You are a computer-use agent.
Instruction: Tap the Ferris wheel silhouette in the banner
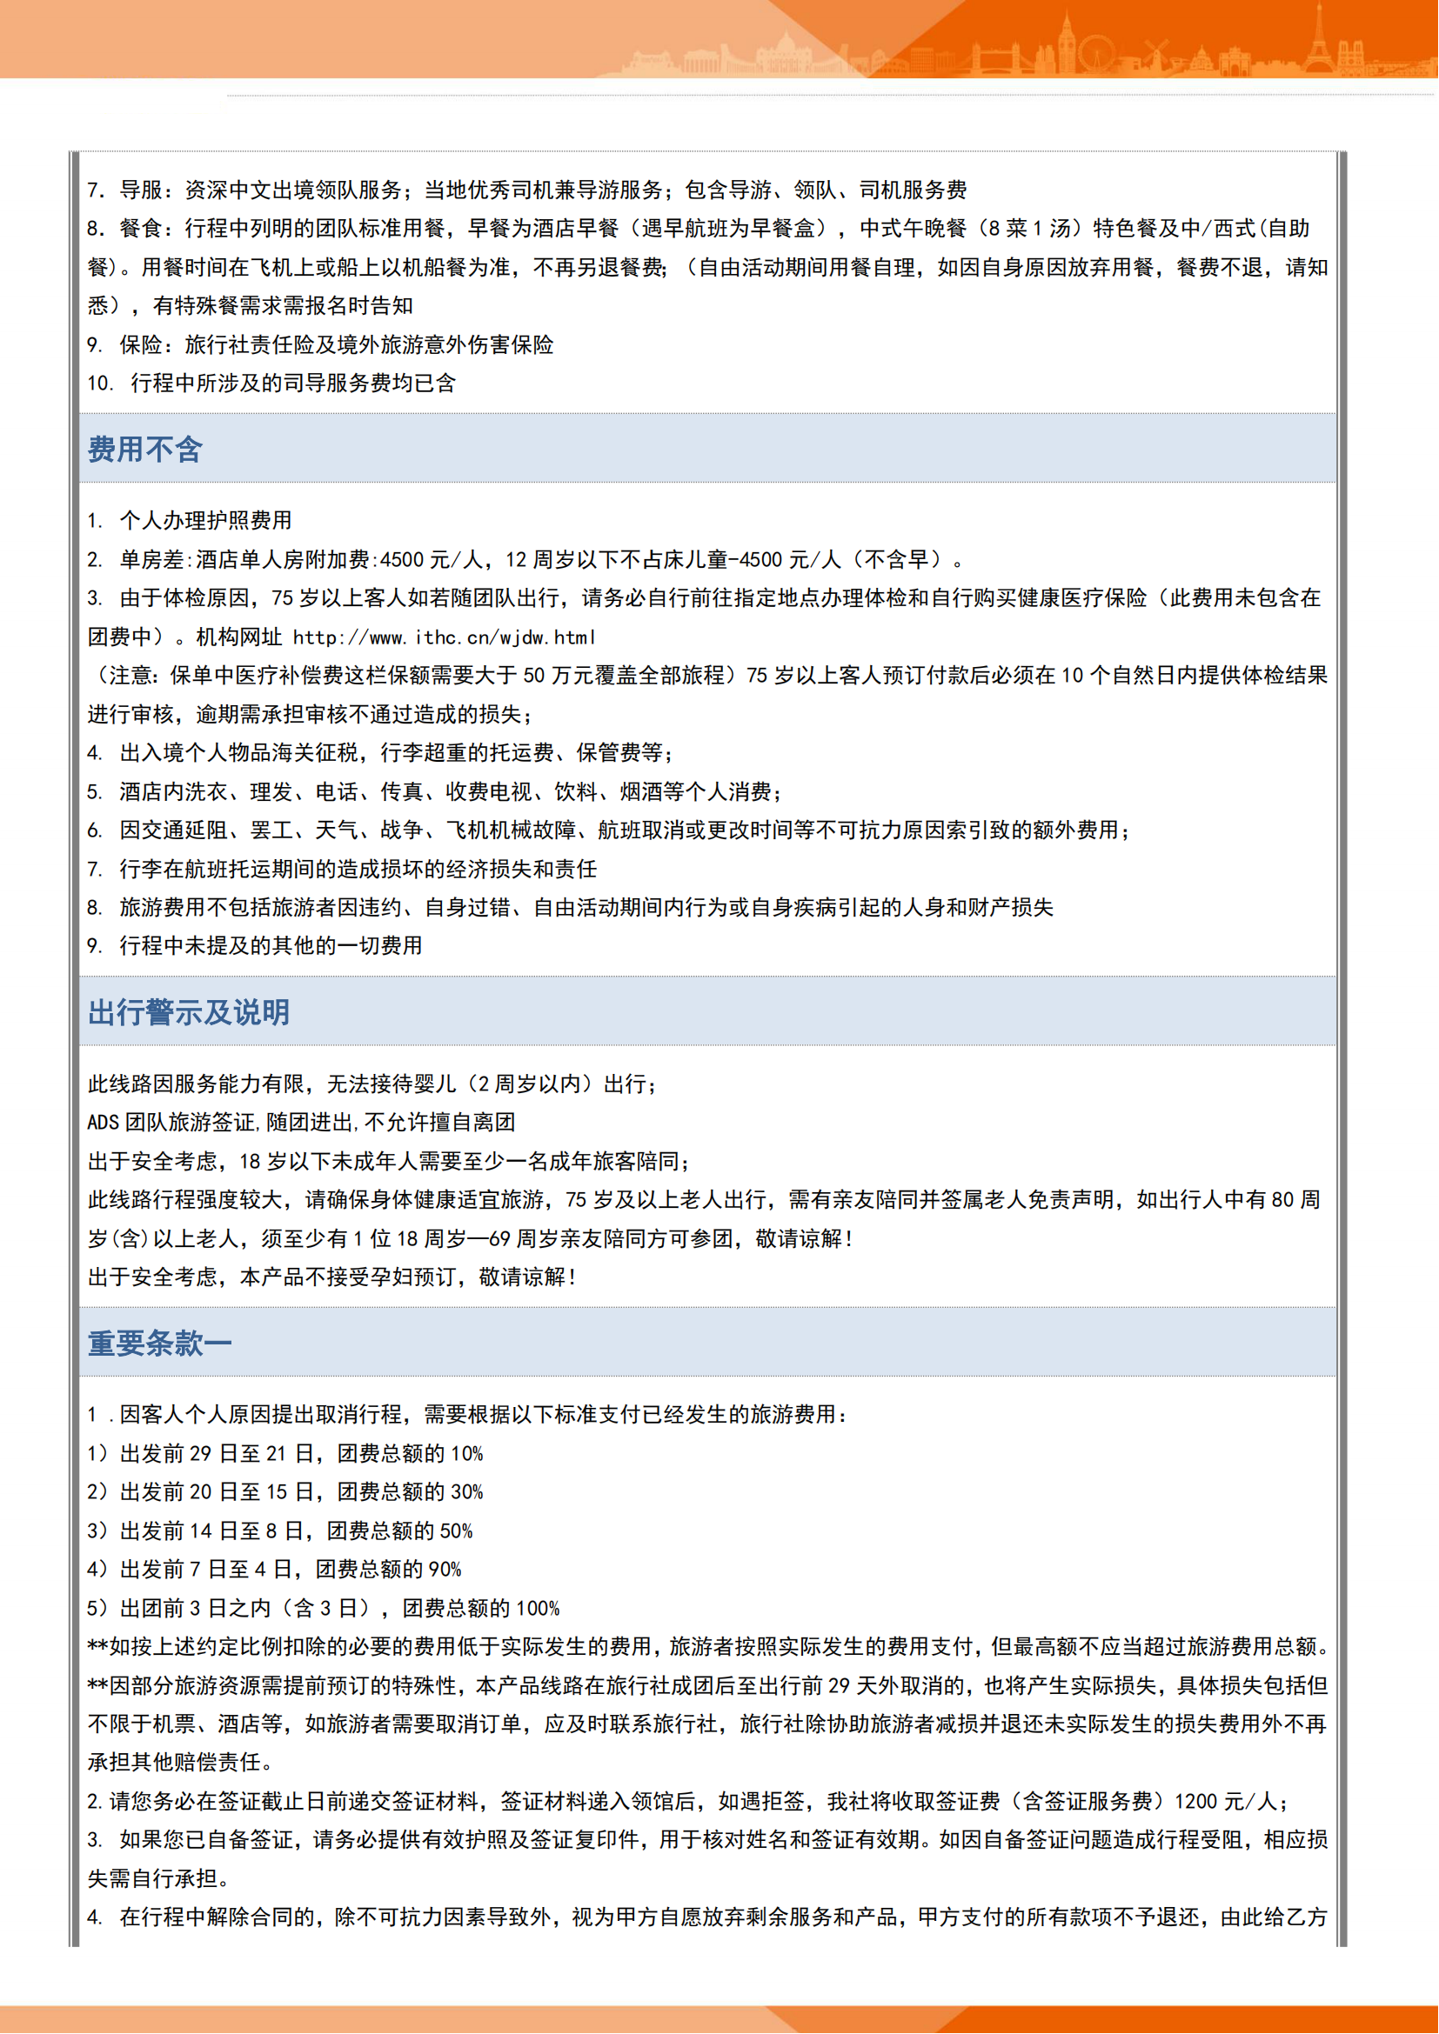point(1098,53)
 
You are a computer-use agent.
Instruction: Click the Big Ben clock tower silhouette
point(1067,43)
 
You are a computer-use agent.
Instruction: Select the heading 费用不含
point(145,449)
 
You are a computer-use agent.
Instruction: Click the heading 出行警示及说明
point(189,1011)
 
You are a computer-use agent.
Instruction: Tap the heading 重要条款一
point(159,1343)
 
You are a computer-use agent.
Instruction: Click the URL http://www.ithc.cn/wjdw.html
point(444,637)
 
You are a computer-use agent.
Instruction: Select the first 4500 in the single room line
point(401,560)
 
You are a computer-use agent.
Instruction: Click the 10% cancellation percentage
point(467,1454)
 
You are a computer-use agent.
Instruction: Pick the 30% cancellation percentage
point(467,1493)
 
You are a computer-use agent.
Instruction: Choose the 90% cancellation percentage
point(445,1570)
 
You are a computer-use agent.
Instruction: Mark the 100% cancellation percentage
point(538,1609)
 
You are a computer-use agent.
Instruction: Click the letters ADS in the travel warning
point(103,1123)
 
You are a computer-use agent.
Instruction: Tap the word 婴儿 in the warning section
point(435,1084)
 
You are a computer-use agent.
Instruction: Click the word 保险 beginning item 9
point(142,344)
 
